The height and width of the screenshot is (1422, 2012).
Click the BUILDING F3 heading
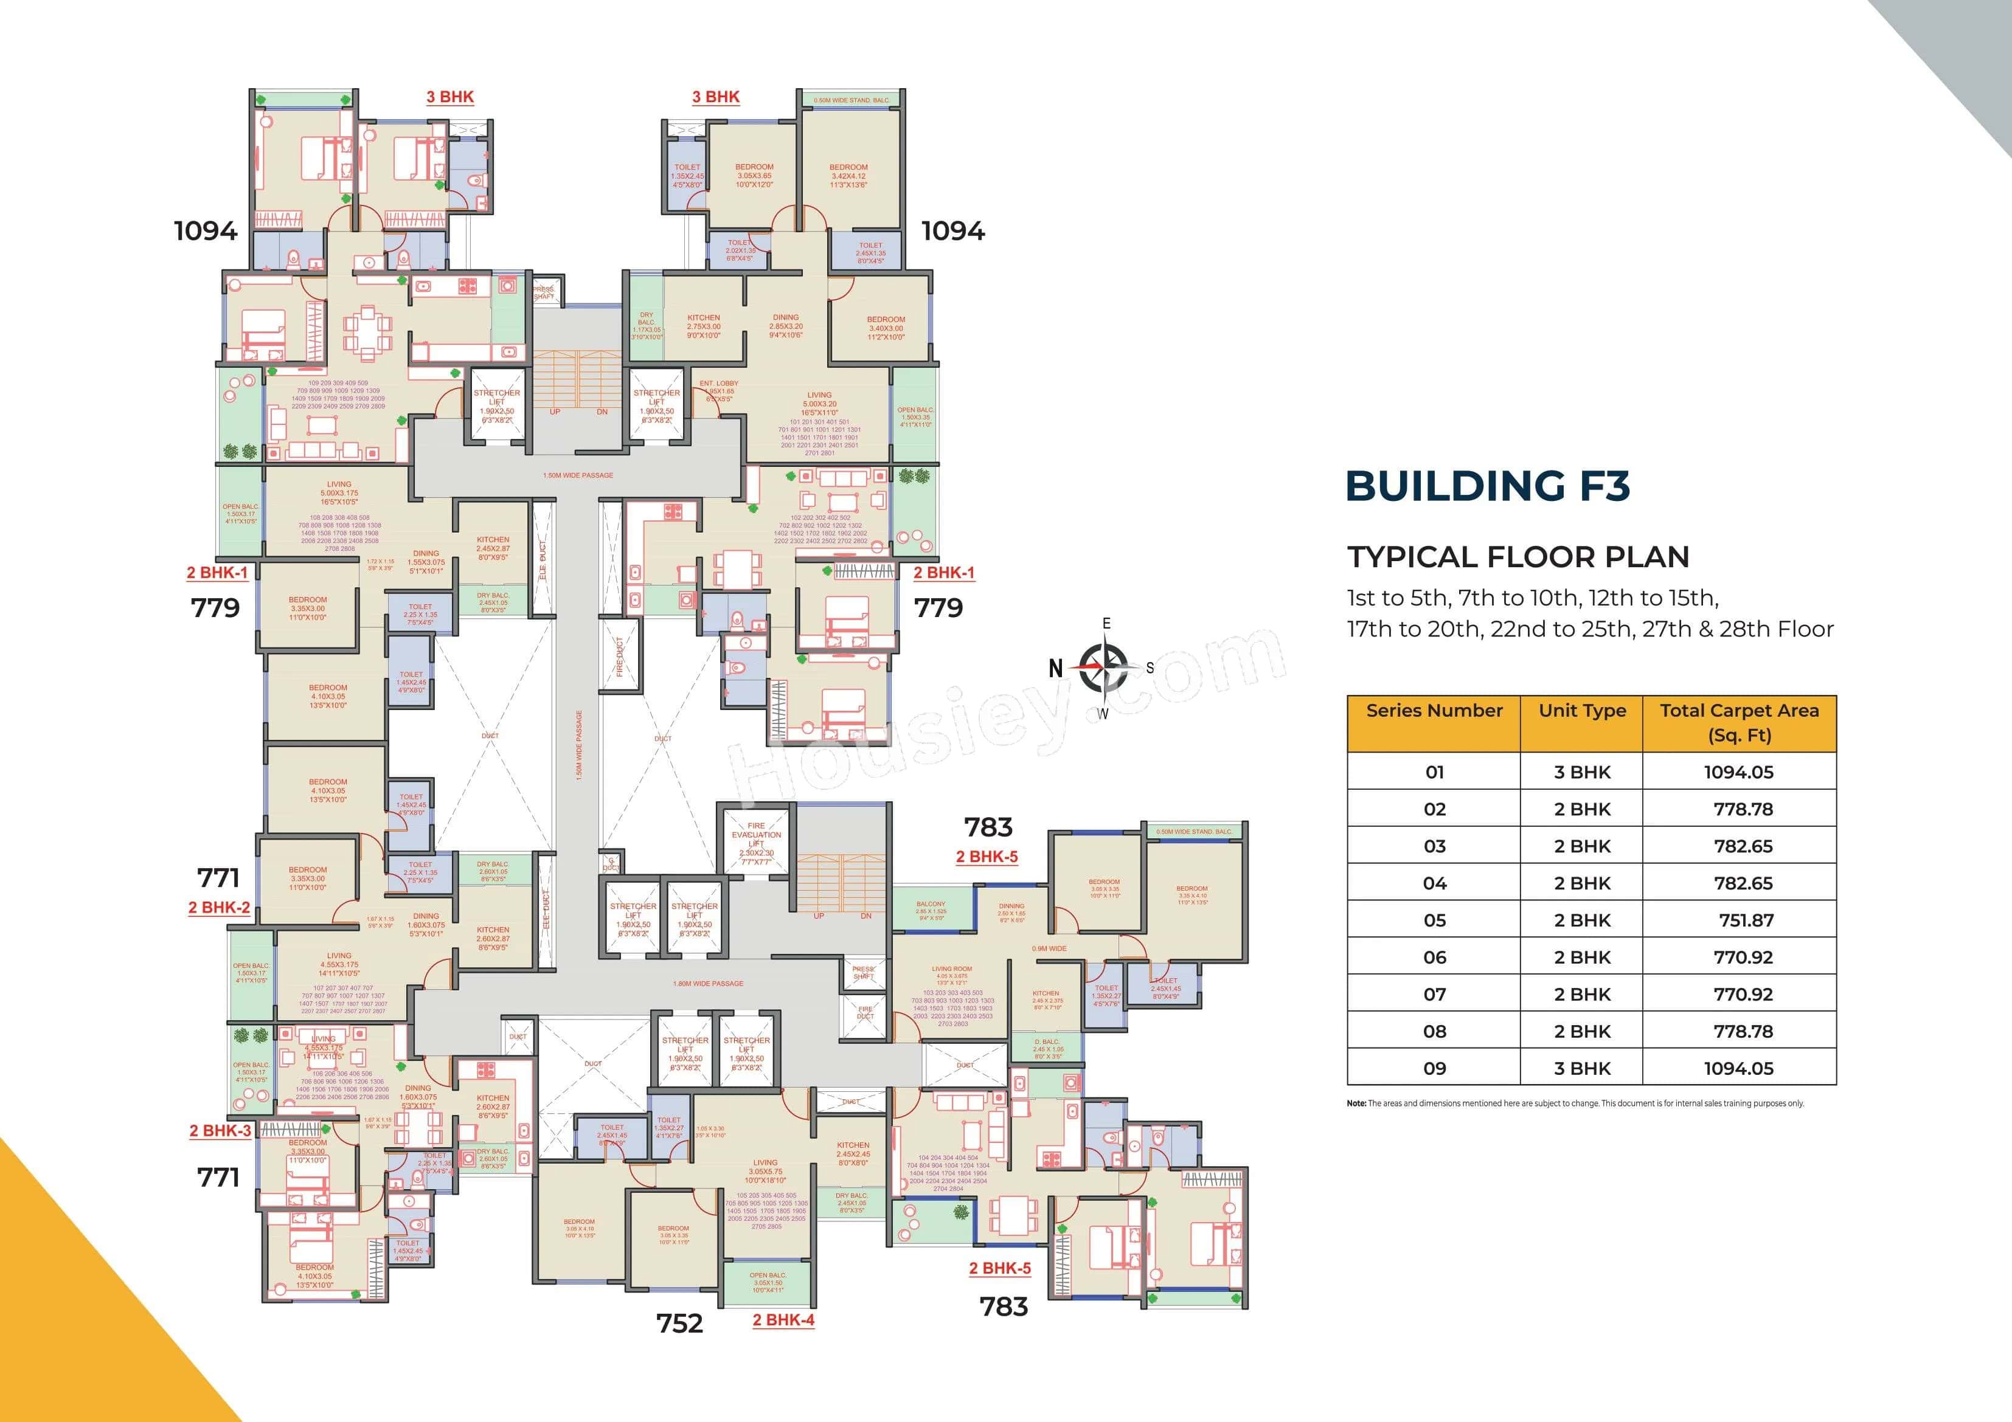click(x=1487, y=486)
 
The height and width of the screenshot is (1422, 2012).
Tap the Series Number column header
click(x=1434, y=711)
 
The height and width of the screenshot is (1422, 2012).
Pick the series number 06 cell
click(x=1434, y=958)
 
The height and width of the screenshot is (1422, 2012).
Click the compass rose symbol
click(x=1103, y=667)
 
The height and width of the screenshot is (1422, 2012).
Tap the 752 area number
click(x=679, y=1323)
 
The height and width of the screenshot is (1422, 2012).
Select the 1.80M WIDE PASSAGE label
click(x=708, y=983)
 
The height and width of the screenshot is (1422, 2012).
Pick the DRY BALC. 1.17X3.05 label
click(x=647, y=325)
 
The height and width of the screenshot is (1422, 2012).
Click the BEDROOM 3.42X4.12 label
click(x=848, y=175)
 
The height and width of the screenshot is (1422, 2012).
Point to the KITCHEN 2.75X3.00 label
click(x=704, y=326)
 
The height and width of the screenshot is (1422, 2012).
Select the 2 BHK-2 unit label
click(x=219, y=908)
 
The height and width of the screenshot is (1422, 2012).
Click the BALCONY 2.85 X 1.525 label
click(x=931, y=910)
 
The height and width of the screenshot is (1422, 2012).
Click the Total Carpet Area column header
click(x=1738, y=723)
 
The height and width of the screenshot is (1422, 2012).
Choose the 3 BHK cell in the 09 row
click(x=1582, y=1068)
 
